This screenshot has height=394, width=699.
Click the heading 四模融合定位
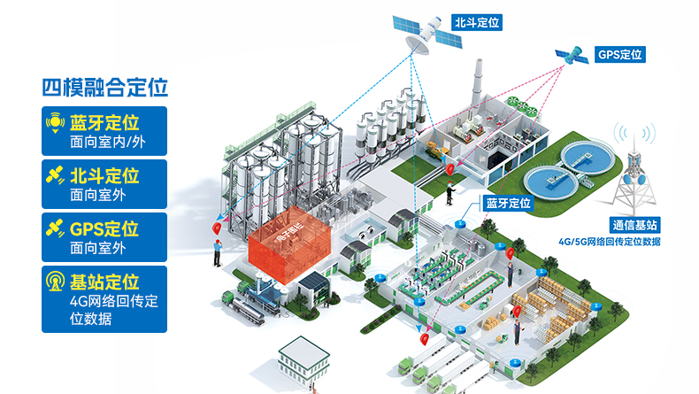coord(105,88)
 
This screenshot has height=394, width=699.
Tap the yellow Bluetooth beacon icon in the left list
coord(55,120)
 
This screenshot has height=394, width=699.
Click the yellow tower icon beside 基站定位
coord(55,282)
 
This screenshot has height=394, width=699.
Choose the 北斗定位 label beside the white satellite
coord(477,22)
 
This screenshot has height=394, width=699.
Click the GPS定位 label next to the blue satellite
coord(619,55)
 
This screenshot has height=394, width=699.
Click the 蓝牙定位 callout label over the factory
coord(508,203)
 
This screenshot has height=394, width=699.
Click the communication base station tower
coord(634,174)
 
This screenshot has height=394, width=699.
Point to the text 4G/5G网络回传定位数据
coord(610,241)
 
